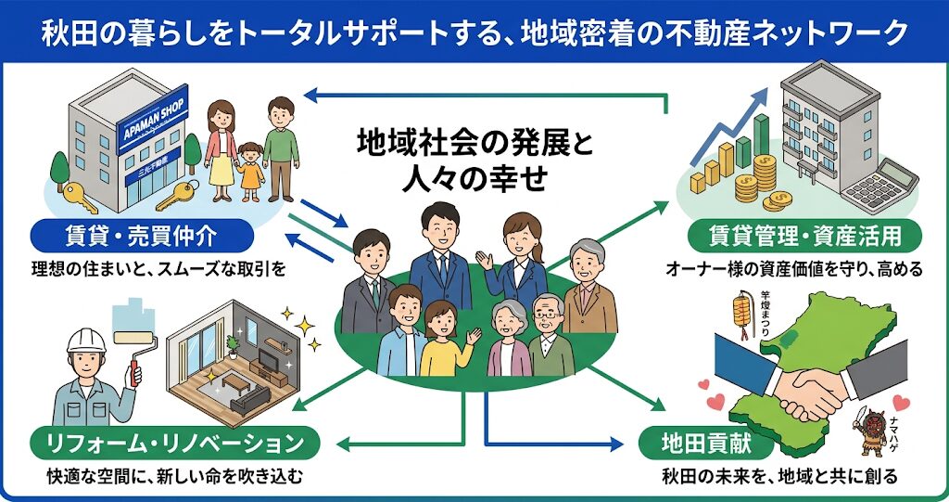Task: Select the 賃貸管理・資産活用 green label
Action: pos(803,236)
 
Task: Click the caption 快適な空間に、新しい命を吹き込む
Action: pos(175,478)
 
